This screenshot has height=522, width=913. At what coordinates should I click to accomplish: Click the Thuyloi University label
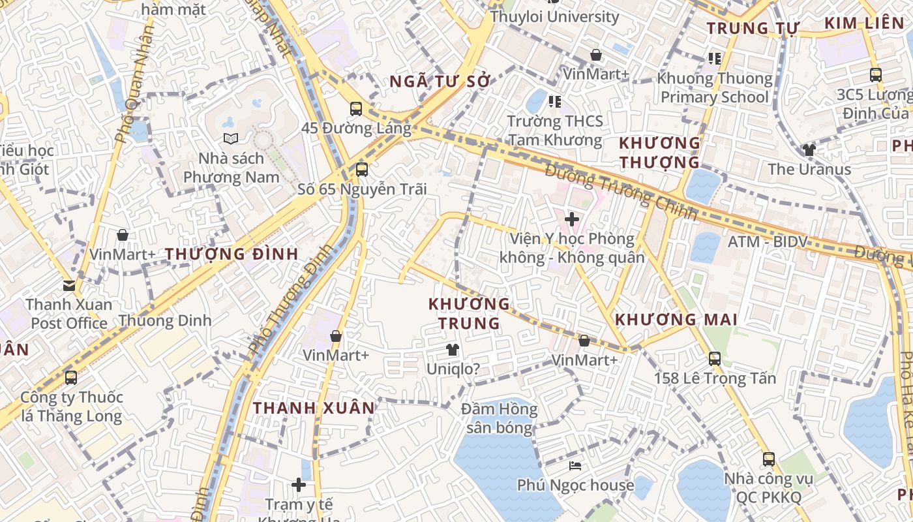pyautogui.click(x=554, y=16)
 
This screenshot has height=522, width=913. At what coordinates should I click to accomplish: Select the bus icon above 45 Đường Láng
pyautogui.click(x=355, y=109)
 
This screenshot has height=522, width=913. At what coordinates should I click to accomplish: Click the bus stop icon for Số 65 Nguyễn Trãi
pyautogui.click(x=361, y=170)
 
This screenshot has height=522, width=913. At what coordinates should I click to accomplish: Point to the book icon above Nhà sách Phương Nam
pyautogui.click(x=231, y=138)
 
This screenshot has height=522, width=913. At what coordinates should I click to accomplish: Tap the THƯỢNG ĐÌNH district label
pyautogui.click(x=232, y=254)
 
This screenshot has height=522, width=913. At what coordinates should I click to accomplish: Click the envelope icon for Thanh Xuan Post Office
pyautogui.click(x=69, y=285)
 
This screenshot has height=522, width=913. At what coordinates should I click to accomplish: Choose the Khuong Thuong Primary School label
pyautogui.click(x=715, y=88)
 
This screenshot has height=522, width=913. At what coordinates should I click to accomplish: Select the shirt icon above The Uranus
pyautogui.click(x=809, y=150)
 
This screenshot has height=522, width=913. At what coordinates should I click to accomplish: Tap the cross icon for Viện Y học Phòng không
pyautogui.click(x=572, y=219)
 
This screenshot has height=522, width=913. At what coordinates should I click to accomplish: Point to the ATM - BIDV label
pyautogui.click(x=768, y=242)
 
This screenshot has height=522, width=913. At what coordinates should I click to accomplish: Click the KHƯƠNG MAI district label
pyautogui.click(x=676, y=320)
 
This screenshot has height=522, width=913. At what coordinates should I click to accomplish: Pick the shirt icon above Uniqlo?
pyautogui.click(x=453, y=350)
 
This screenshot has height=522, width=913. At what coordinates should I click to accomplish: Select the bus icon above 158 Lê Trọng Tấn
pyautogui.click(x=715, y=358)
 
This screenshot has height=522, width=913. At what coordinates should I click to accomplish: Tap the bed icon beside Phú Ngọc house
pyautogui.click(x=575, y=466)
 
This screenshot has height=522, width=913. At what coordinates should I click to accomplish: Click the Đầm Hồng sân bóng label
pyautogui.click(x=500, y=418)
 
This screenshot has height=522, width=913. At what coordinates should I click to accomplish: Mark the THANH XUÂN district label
pyautogui.click(x=314, y=408)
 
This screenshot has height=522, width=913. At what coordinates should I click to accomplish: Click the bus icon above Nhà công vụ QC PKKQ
pyautogui.click(x=769, y=459)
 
